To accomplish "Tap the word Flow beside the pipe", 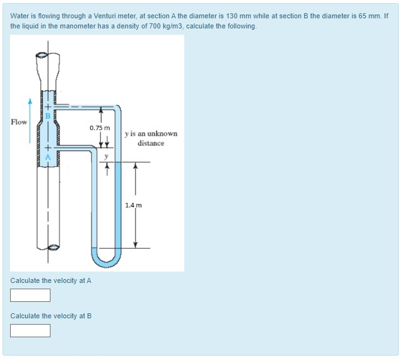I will pyautogui.click(x=19, y=122).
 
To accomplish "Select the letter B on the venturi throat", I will pyautogui.click(x=47, y=115).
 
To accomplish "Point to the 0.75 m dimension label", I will pyautogui.click(x=99, y=128).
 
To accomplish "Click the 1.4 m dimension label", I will pyautogui.click(x=133, y=205).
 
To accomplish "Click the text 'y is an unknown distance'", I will pyautogui.click(x=151, y=138).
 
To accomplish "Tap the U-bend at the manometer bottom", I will pyautogui.click(x=105, y=258).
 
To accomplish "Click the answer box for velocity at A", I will pyautogui.click(x=30, y=295).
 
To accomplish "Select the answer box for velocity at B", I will pyautogui.click(x=30, y=330).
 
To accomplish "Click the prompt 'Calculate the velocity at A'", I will pyautogui.click(x=51, y=280).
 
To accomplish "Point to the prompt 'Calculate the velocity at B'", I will pyautogui.click(x=51, y=316).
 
